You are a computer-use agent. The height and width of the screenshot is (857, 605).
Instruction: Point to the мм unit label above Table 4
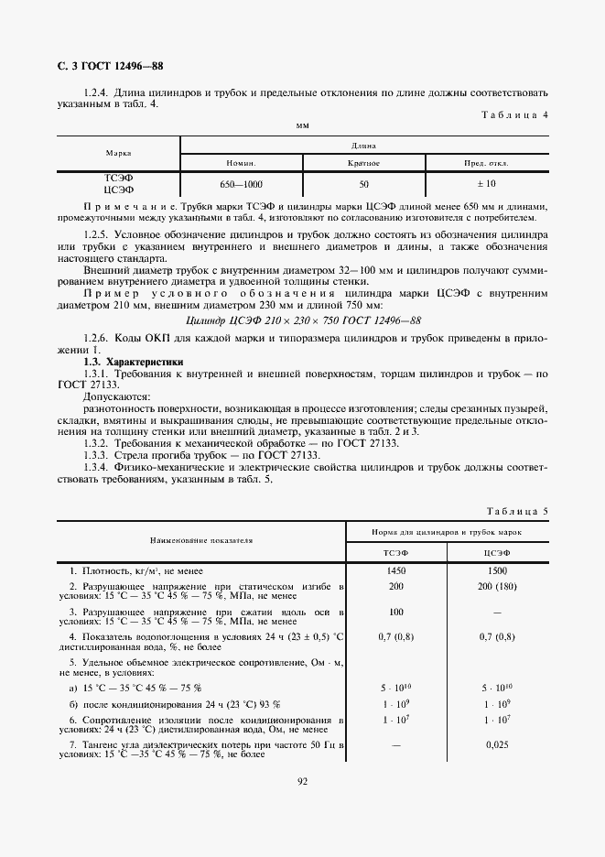click(x=302, y=125)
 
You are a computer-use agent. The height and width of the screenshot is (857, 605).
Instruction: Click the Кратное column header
click(x=363, y=162)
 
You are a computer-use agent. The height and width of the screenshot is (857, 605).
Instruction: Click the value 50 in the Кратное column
click(x=363, y=184)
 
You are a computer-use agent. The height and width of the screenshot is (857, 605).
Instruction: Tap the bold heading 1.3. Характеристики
click(x=132, y=363)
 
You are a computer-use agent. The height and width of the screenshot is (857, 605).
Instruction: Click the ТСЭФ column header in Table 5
click(x=395, y=553)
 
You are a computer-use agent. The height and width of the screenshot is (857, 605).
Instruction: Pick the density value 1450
click(x=395, y=570)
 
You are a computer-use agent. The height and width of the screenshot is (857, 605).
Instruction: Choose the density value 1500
click(x=497, y=570)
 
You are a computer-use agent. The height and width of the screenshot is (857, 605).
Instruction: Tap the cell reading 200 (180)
click(x=497, y=586)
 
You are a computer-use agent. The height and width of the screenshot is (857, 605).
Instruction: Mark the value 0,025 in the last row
click(x=497, y=746)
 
